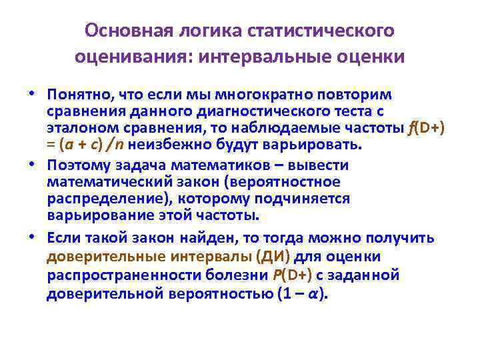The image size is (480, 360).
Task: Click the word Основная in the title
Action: click(127, 31)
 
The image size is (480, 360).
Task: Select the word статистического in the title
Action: click(321, 31)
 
